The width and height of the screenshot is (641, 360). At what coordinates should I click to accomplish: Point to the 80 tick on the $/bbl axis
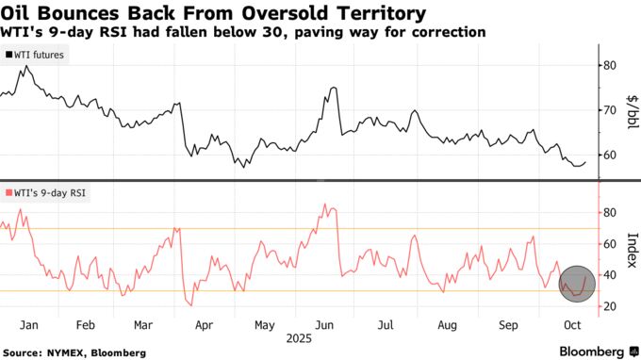click(610, 65)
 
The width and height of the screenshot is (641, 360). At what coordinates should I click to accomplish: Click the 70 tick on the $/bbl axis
click(610, 110)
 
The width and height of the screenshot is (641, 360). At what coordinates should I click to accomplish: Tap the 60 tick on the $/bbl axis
click(610, 155)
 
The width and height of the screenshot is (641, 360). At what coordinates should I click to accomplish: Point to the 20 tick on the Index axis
click(610, 306)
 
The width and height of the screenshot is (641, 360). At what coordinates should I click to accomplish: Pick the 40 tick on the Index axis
click(610, 275)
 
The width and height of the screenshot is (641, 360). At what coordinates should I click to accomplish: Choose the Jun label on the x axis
click(322, 324)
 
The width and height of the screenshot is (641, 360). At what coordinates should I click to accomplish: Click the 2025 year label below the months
click(300, 336)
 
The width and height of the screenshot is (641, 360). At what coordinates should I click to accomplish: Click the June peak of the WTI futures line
click(335, 88)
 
